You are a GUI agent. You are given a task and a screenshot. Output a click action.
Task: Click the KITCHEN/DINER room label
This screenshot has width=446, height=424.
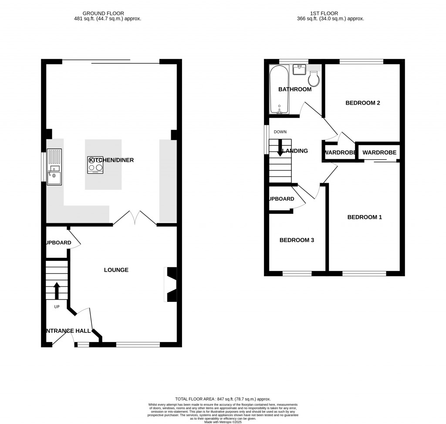pos(111,160)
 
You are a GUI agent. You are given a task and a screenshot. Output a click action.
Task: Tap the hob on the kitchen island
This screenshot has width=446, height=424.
pos(95,165)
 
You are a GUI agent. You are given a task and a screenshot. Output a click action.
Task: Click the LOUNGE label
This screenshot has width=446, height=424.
pos(116,270)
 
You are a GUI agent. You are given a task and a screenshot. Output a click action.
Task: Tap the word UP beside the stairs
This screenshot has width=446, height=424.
pos(57,307)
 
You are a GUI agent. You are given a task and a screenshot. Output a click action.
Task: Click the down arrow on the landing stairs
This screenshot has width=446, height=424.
pos(280,147)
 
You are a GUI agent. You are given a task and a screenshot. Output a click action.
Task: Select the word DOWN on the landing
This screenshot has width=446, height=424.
pos(280,132)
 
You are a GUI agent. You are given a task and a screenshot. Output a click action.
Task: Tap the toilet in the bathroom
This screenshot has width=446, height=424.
pos(314,79)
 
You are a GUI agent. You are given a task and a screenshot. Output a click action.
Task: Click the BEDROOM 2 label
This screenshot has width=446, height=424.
pos(363,103)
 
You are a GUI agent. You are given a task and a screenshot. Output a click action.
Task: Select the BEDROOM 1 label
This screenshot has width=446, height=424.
pos(364,217)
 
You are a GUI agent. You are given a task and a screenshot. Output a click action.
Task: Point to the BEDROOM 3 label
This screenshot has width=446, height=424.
pos(297,240)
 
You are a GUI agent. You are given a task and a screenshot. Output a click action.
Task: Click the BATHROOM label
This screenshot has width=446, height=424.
pos(295,89)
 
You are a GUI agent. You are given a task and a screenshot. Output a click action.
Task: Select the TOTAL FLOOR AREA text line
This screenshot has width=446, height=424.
pos(223,399)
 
